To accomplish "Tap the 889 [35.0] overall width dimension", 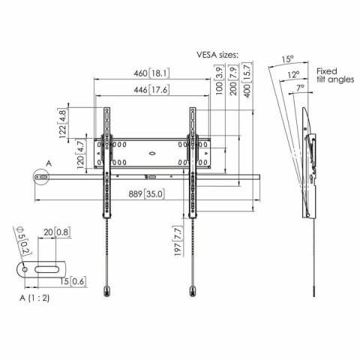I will pyautogui.click(x=147, y=194).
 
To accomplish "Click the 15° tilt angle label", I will pyautogui.click(x=287, y=58).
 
